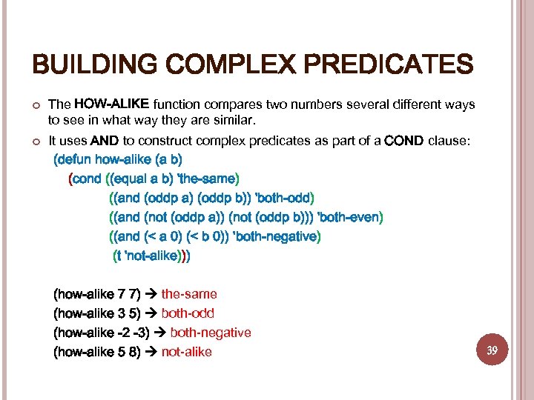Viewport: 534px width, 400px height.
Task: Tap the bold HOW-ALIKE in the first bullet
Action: [112, 103]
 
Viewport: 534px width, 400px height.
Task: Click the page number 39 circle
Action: [492, 349]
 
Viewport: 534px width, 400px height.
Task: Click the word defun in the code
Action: [74, 159]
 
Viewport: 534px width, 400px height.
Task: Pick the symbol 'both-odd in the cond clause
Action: [284, 198]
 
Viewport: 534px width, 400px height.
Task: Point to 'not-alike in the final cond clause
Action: [153, 256]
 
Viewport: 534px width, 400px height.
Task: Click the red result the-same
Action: [189, 294]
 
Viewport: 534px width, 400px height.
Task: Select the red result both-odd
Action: [188, 313]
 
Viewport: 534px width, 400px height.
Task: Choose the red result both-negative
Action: [211, 333]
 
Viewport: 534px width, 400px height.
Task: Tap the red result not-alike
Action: [186, 352]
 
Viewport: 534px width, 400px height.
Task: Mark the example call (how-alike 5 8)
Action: [97, 352]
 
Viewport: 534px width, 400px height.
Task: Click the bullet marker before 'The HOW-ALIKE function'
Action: [35, 104]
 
